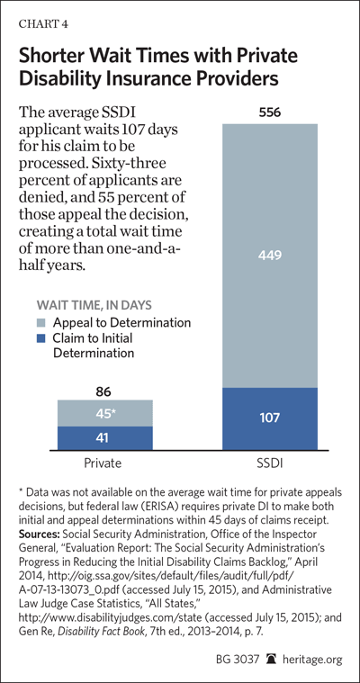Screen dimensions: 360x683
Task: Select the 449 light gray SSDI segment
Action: [x=270, y=256]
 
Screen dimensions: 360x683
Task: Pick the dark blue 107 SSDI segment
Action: [x=270, y=418]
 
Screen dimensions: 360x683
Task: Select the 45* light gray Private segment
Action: [x=105, y=413]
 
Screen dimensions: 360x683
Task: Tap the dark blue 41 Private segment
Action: [x=105, y=438]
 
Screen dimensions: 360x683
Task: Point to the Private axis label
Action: [x=103, y=463]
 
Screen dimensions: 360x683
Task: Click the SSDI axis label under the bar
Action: [x=270, y=463]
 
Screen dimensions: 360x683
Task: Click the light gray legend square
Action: [x=41, y=323]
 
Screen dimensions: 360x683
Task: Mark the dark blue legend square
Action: [x=41, y=338]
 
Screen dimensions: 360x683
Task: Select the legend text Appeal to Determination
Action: [x=121, y=323]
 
